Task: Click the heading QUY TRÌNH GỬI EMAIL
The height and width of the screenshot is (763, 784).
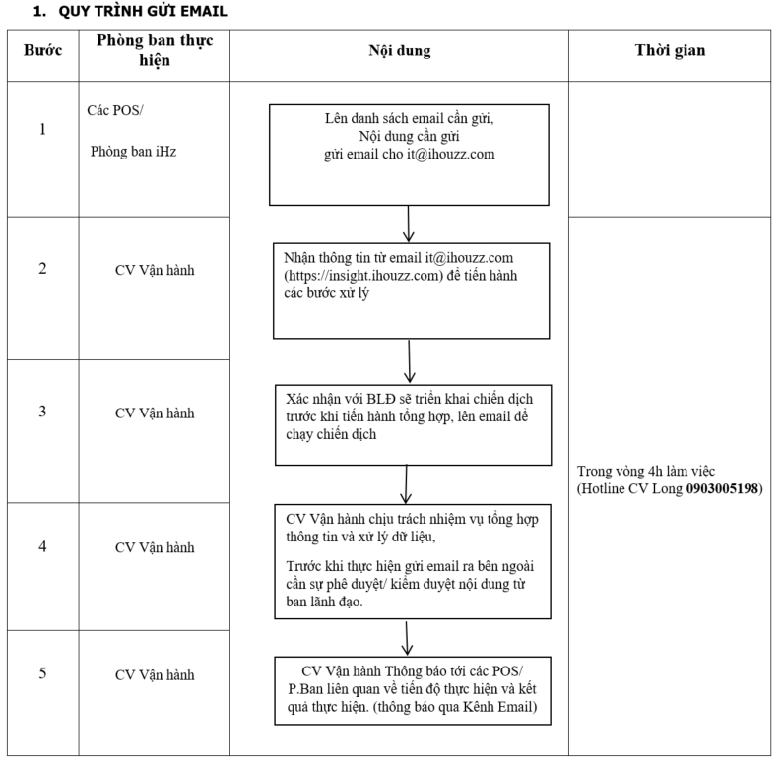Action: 143,11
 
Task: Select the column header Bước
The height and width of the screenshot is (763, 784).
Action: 43,50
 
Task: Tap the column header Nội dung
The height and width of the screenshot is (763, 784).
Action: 400,50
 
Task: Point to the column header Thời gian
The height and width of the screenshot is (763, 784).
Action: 670,50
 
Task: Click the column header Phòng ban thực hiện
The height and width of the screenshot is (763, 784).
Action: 155,50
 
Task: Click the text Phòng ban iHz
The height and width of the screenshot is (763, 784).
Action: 134,152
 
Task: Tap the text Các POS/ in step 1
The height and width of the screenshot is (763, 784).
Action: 115,110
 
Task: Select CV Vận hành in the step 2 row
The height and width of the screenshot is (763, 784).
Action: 155,271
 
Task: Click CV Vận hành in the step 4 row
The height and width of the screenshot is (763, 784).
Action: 155,548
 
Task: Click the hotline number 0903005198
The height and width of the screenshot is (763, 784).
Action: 722,488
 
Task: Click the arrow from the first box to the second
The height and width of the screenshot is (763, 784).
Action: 409,223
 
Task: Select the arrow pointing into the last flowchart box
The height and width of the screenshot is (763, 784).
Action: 407,638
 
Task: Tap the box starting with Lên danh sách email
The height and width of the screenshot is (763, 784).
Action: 409,155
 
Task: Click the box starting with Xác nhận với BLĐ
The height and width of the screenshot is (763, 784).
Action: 413,424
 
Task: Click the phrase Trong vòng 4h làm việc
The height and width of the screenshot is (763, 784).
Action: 646,472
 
